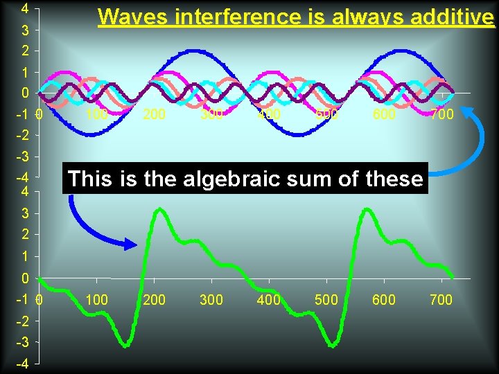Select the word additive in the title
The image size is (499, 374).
(452, 17)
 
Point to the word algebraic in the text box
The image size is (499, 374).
(226, 179)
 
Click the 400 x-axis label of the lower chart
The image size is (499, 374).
(268, 299)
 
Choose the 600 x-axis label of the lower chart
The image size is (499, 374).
(383, 299)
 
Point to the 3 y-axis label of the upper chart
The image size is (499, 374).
(24, 30)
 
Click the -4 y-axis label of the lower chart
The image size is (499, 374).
(22, 364)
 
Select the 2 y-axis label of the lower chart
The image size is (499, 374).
(24, 235)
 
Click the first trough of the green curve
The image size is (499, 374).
(125, 344)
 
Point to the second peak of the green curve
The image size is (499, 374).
(365, 208)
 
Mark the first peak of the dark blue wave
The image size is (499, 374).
(192, 51)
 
